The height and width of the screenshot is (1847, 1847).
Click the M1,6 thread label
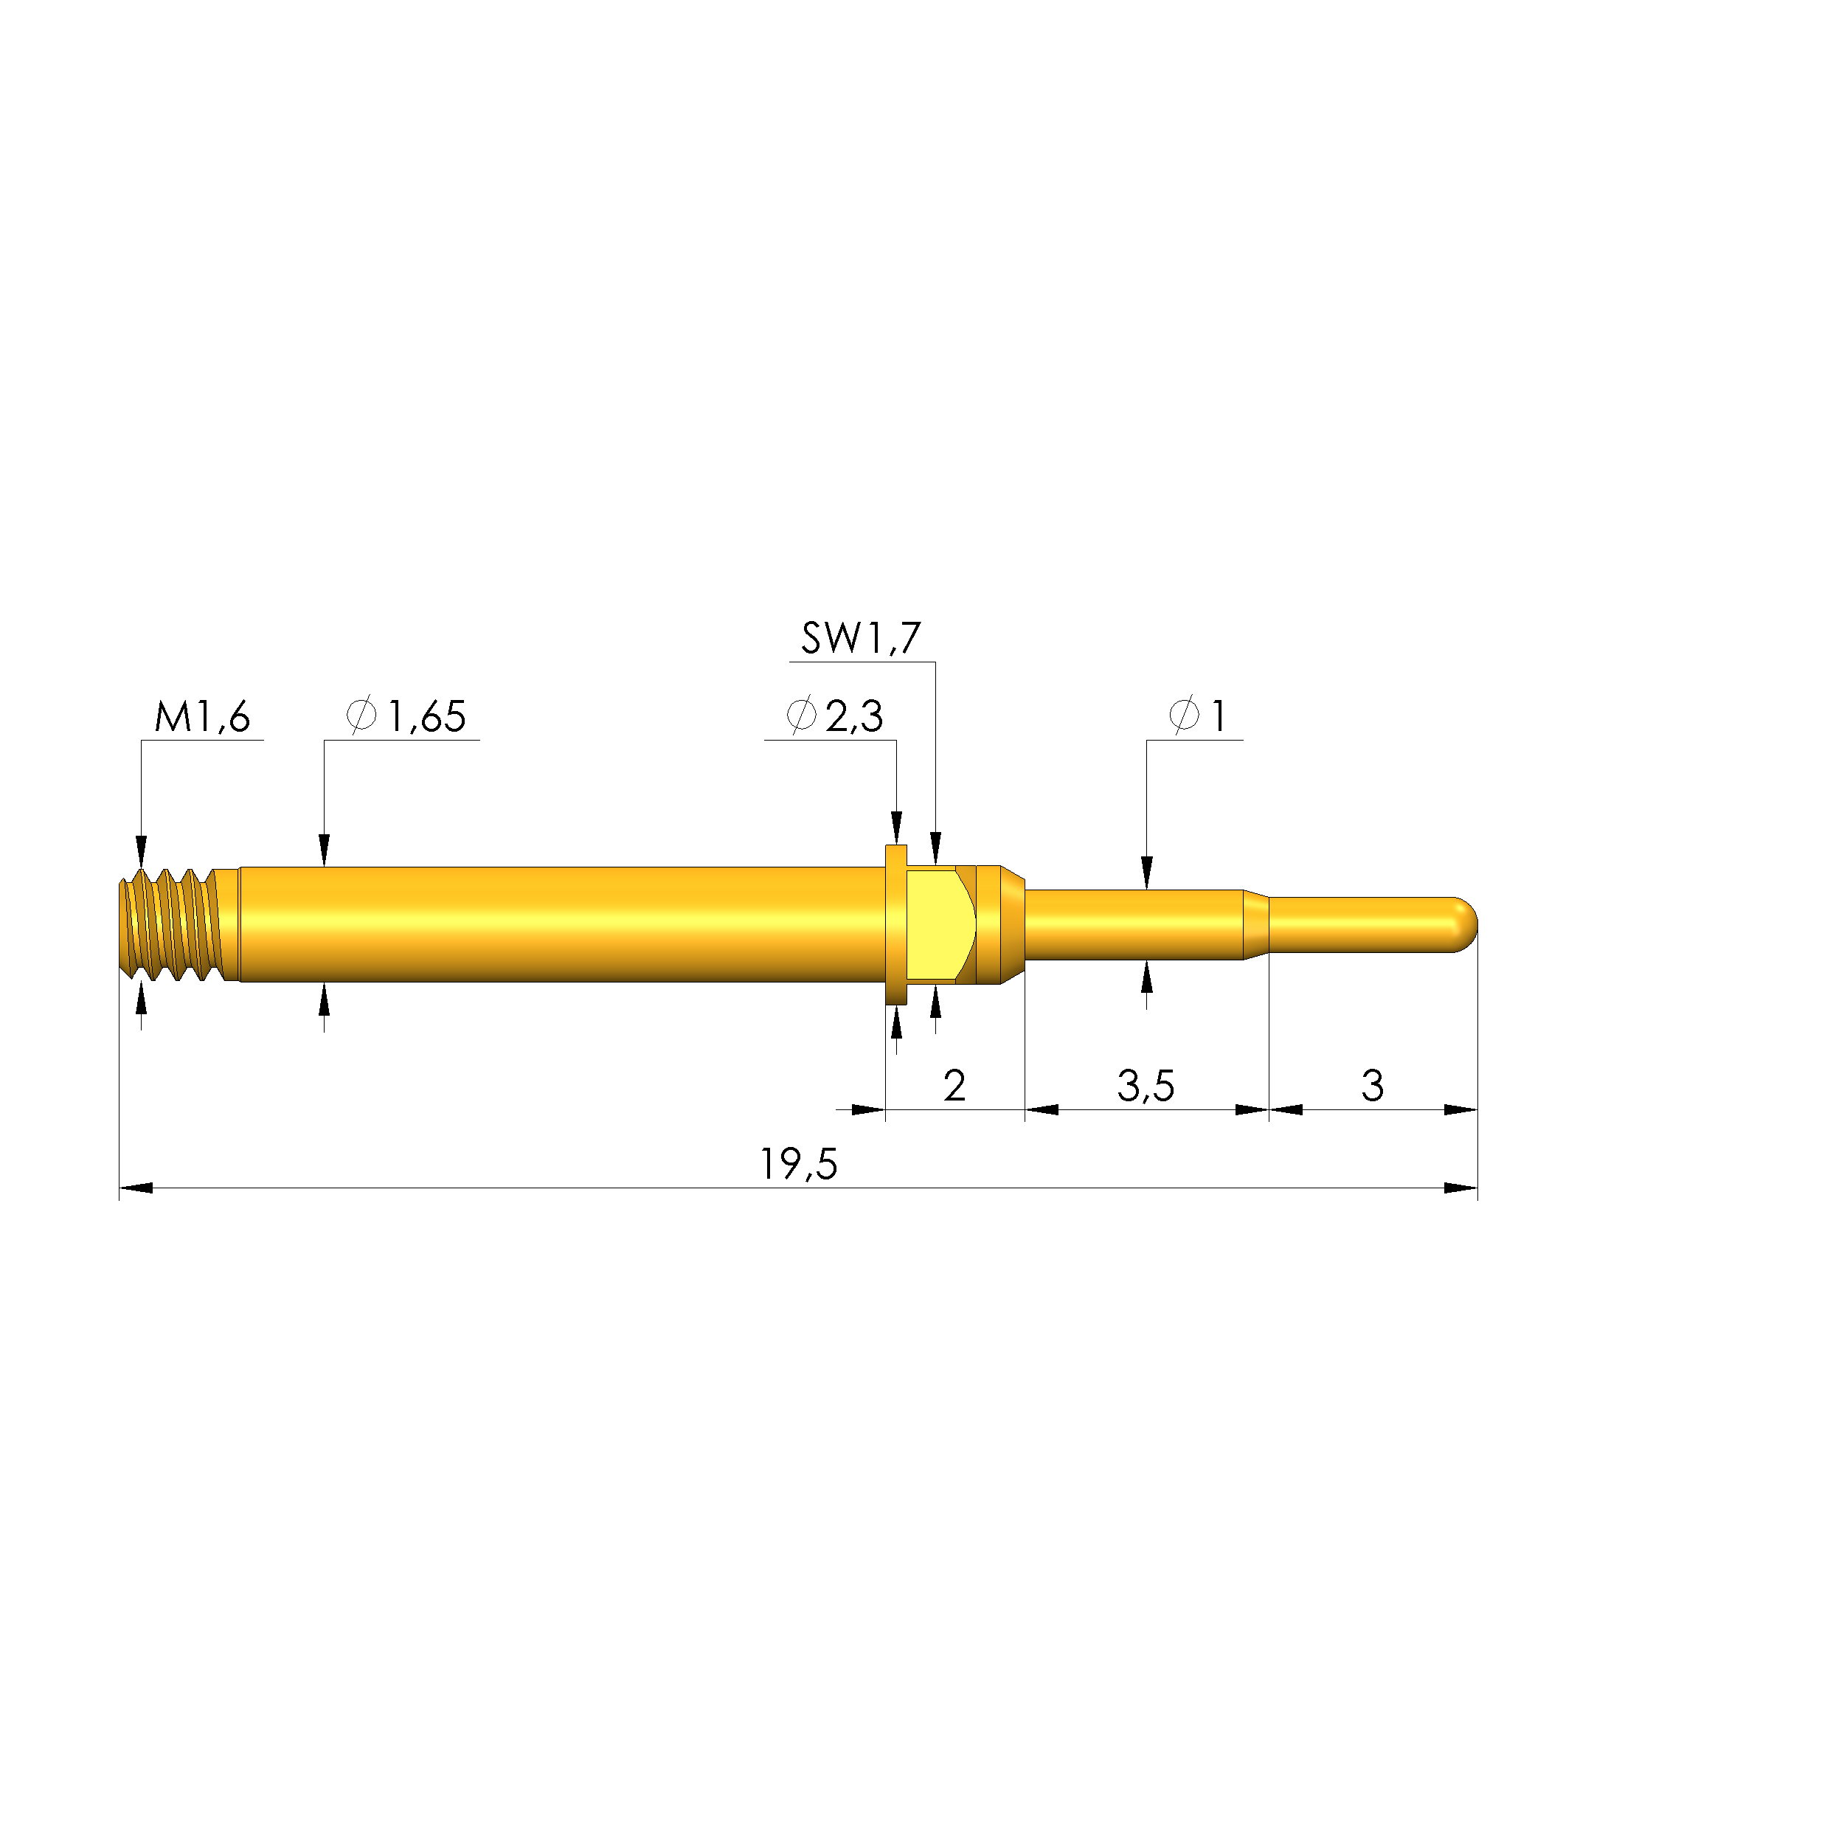[x=201, y=716]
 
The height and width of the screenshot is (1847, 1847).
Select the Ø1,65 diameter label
[x=407, y=716]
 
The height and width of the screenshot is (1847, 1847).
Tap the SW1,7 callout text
[x=860, y=639]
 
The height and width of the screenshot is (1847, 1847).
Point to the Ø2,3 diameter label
[x=834, y=716]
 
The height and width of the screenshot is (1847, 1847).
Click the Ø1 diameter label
[x=1197, y=716]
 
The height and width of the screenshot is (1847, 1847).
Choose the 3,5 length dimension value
[x=1146, y=1086]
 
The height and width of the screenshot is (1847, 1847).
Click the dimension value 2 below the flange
[x=953, y=1086]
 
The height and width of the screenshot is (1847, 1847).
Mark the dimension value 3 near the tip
[x=1372, y=1086]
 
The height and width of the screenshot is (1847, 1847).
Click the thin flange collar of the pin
[x=895, y=924]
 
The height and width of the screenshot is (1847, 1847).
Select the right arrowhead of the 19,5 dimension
[x=1460, y=1188]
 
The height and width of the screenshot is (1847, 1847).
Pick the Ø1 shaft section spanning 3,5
[x=1133, y=924]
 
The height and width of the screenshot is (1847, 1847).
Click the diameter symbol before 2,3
[x=801, y=716]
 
